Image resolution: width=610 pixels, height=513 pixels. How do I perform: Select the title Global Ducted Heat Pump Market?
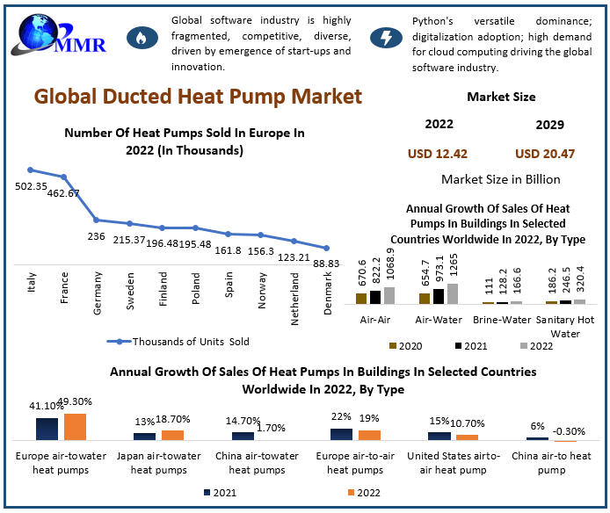[x=198, y=96]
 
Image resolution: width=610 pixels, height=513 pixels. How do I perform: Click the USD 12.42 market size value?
[x=437, y=154]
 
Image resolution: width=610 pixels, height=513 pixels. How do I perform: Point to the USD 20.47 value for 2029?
[x=545, y=154]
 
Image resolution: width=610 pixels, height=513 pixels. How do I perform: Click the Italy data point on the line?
[x=31, y=170]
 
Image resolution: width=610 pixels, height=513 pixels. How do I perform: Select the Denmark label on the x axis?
[x=327, y=289]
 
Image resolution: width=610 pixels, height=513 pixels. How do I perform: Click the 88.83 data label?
[x=326, y=263]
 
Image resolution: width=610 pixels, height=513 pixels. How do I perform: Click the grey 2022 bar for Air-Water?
[x=453, y=293]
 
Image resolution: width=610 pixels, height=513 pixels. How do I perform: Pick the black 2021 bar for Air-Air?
[x=375, y=296]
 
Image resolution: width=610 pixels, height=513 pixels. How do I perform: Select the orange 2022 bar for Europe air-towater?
[x=75, y=426]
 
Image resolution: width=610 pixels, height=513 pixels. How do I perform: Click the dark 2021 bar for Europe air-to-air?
[x=341, y=433]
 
